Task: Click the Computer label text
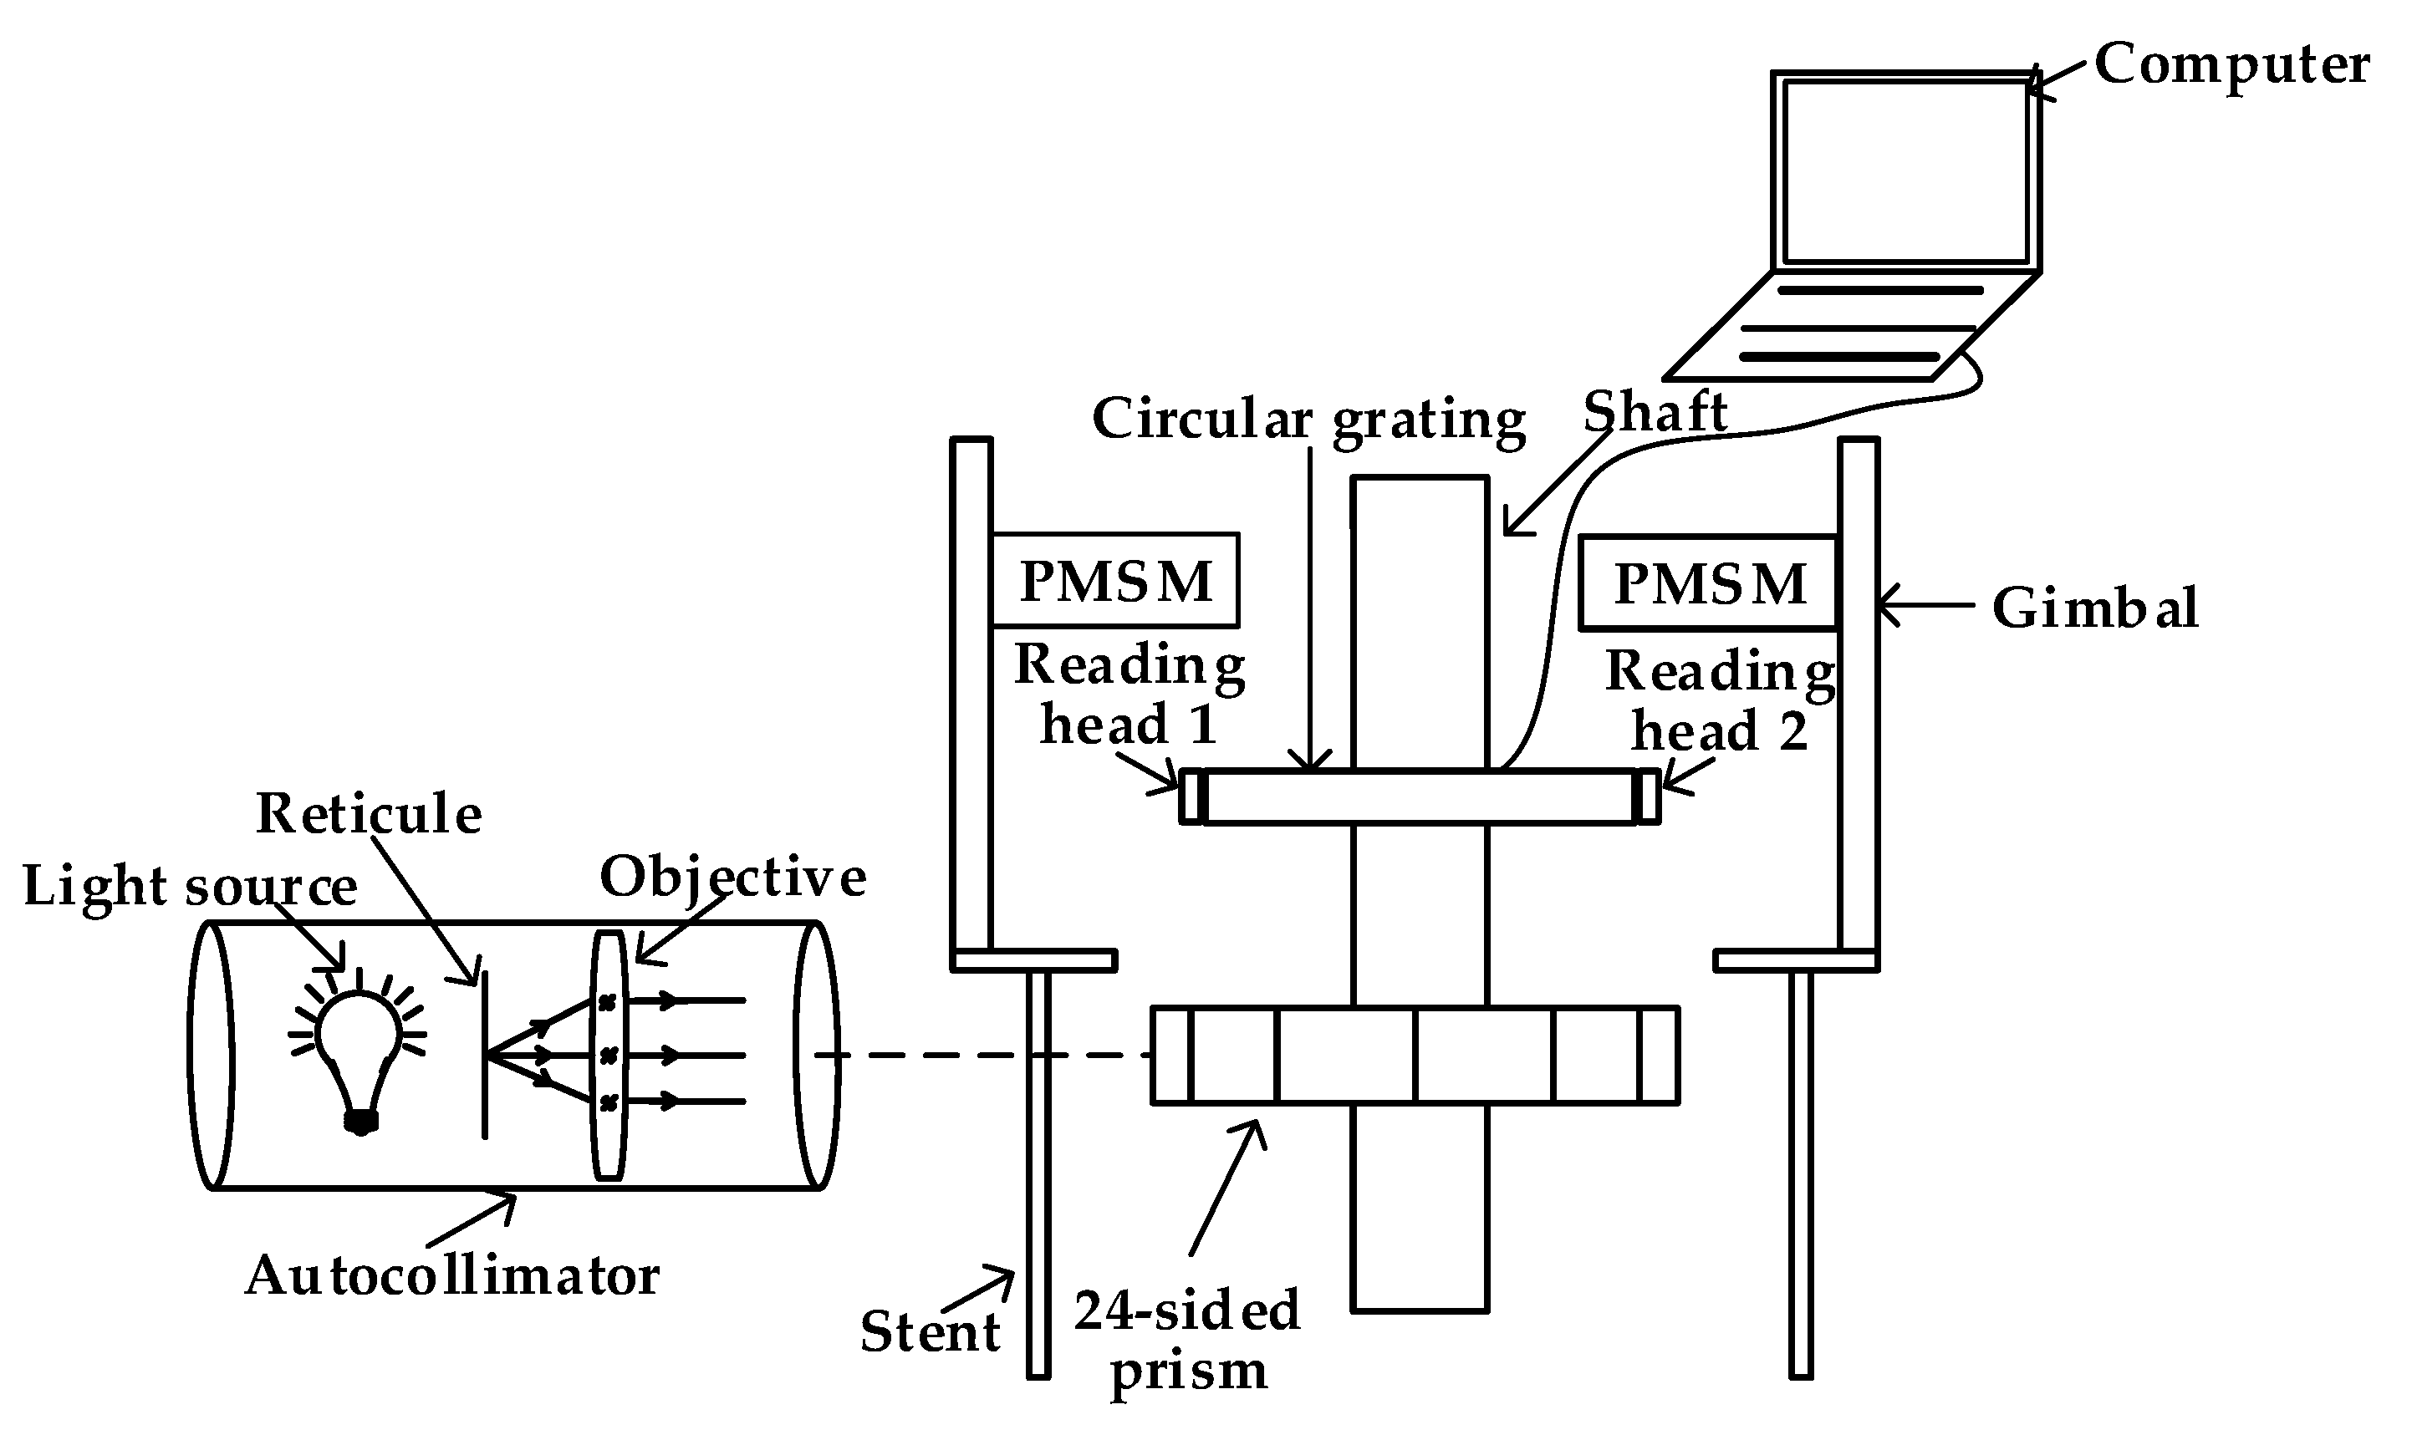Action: [2231, 65]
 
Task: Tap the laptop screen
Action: [1905, 171]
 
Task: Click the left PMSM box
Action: [1115, 580]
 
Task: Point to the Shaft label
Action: [1655, 412]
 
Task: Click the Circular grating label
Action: [1308, 420]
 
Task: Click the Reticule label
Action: [368, 813]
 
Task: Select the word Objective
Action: [732, 877]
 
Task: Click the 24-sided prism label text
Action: [1187, 1341]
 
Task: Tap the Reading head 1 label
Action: [1129, 694]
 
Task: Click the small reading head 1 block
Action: [1193, 797]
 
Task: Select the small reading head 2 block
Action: [1647, 797]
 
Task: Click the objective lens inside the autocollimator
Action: [608, 1055]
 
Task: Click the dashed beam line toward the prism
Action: [983, 1055]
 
